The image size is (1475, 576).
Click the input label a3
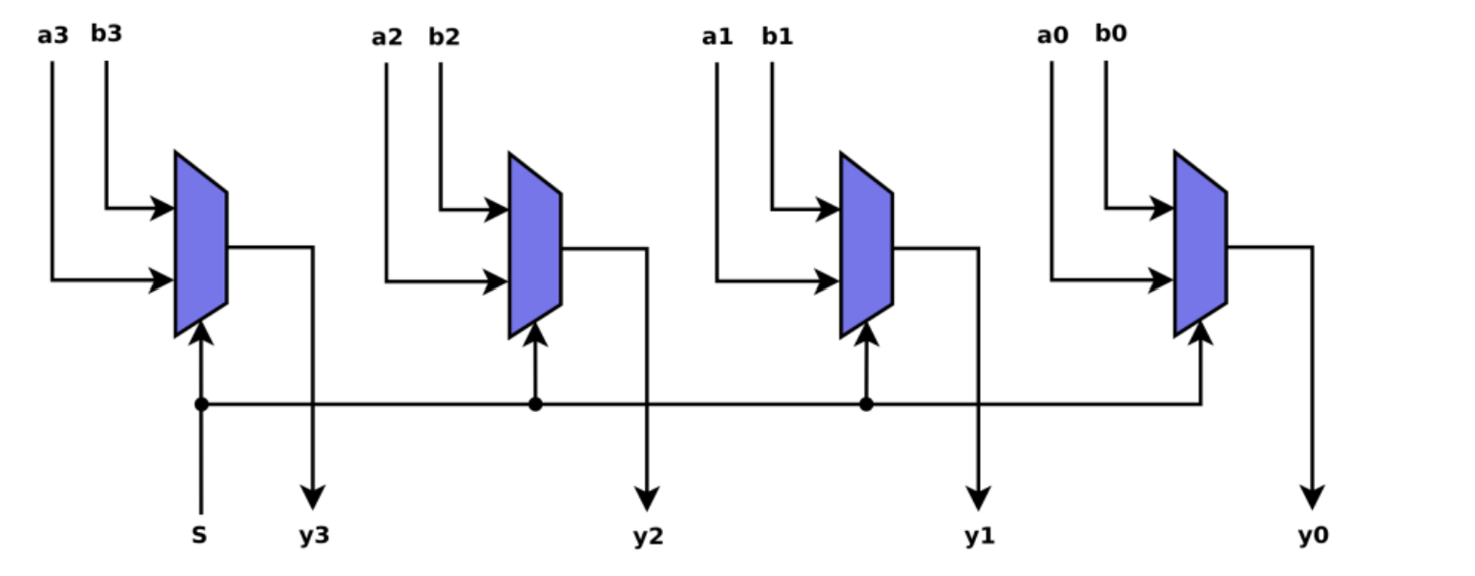click(x=52, y=36)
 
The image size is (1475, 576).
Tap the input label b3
click(x=106, y=33)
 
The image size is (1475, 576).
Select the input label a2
click(x=386, y=37)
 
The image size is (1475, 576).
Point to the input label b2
click(x=444, y=37)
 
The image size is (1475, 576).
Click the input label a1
click(x=717, y=37)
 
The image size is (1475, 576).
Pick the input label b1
click(x=777, y=37)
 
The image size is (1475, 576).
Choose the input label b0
click(x=1111, y=33)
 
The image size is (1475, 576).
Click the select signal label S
click(x=198, y=536)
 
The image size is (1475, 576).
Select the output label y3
click(x=313, y=536)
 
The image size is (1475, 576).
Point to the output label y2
click(x=647, y=537)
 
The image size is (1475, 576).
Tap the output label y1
click(x=979, y=537)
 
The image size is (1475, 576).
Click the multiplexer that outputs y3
click(x=200, y=244)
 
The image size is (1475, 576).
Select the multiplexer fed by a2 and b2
click(x=534, y=245)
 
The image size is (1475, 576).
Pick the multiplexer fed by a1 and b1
click(x=866, y=244)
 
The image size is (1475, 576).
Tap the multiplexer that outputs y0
click(x=1200, y=244)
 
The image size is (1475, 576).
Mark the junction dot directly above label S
click(x=200, y=404)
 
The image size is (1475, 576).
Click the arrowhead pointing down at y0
click(x=1313, y=497)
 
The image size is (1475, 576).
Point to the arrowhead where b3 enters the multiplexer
click(x=163, y=208)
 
